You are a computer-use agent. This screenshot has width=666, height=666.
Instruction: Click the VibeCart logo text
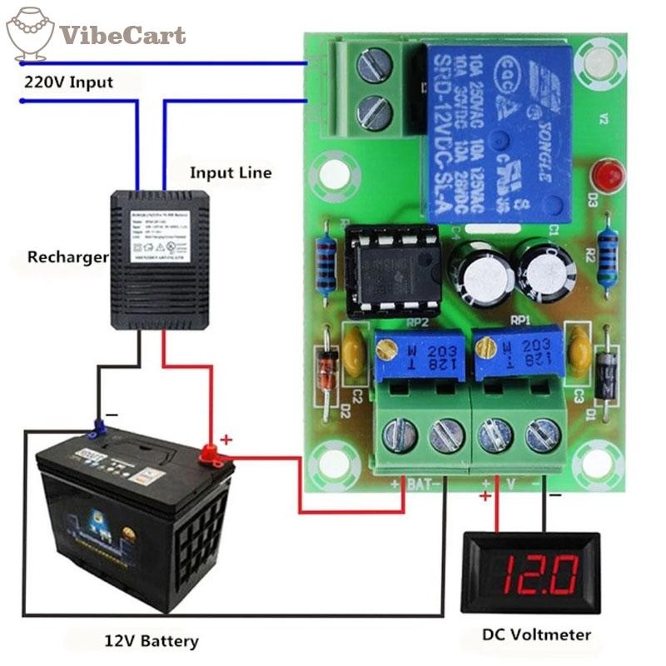[122, 36]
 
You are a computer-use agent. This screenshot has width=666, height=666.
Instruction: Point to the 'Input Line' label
[231, 173]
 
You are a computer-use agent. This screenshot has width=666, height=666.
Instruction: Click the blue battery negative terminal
[98, 428]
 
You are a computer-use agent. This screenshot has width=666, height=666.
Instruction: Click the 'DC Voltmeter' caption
[537, 635]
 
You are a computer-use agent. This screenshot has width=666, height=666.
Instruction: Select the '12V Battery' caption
[152, 641]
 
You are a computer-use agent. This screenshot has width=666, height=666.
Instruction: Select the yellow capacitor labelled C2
[355, 350]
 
